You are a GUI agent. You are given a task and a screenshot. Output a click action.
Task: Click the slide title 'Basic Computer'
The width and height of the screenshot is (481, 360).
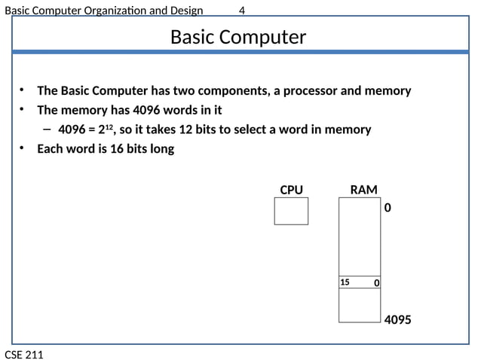click(x=238, y=37)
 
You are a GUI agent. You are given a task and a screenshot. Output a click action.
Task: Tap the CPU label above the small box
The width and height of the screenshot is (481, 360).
click(x=291, y=190)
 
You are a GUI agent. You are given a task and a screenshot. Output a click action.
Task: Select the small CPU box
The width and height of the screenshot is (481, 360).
click(x=291, y=211)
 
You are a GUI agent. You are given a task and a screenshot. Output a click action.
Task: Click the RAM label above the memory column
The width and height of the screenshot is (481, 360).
click(x=363, y=190)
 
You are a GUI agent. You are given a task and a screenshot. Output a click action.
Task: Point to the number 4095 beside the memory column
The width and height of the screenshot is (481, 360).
click(x=397, y=320)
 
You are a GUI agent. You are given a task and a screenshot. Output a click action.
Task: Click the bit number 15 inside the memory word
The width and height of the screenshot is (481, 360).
click(x=345, y=282)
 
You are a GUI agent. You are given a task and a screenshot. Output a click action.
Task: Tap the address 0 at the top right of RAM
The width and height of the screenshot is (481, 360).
click(x=388, y=206)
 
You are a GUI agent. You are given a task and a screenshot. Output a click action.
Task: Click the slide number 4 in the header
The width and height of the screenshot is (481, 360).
click(x=241, y=10)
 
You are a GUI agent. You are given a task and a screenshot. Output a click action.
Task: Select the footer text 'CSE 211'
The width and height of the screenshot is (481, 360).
click(x=24, y=354)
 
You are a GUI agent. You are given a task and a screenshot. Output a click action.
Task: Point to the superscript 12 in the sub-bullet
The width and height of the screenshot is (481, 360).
click(x=108, y=127)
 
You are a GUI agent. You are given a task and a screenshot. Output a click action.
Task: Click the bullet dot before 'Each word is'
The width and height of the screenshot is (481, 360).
click(x=23, y=148)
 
